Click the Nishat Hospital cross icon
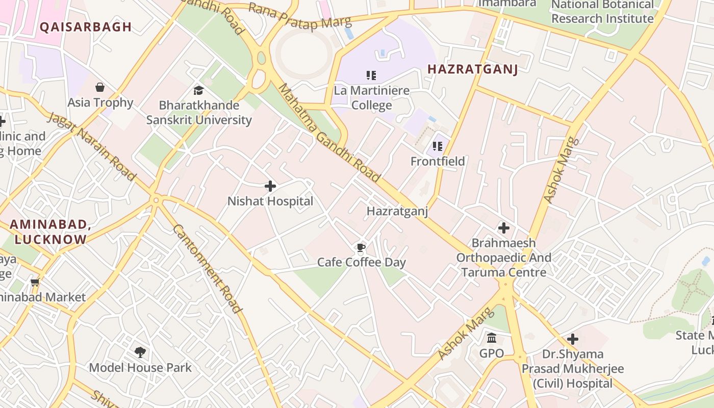tap(270, 187)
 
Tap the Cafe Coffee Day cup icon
tap(361, 248)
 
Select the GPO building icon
tap(492, 338)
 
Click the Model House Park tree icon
tap(140, 352)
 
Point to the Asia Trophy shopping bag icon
tap(100, 87)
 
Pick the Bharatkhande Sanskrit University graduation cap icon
tap(198, 90)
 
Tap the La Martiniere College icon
tap(371, 76)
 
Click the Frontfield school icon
tap(438, 147)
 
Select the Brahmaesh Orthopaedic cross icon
tap(504, 228)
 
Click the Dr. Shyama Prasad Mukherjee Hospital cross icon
tap(573, 339)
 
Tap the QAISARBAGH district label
tap(86, 27)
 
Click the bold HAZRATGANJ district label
tap(472, 69)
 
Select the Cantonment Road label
tap(207, 268)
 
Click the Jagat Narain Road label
tap(92, 147)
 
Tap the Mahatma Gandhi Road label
tap(329, 133)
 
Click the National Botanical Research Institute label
tap(602, 12)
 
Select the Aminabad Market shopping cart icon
tap(35, 282)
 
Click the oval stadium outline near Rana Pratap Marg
tap(304, 53)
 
